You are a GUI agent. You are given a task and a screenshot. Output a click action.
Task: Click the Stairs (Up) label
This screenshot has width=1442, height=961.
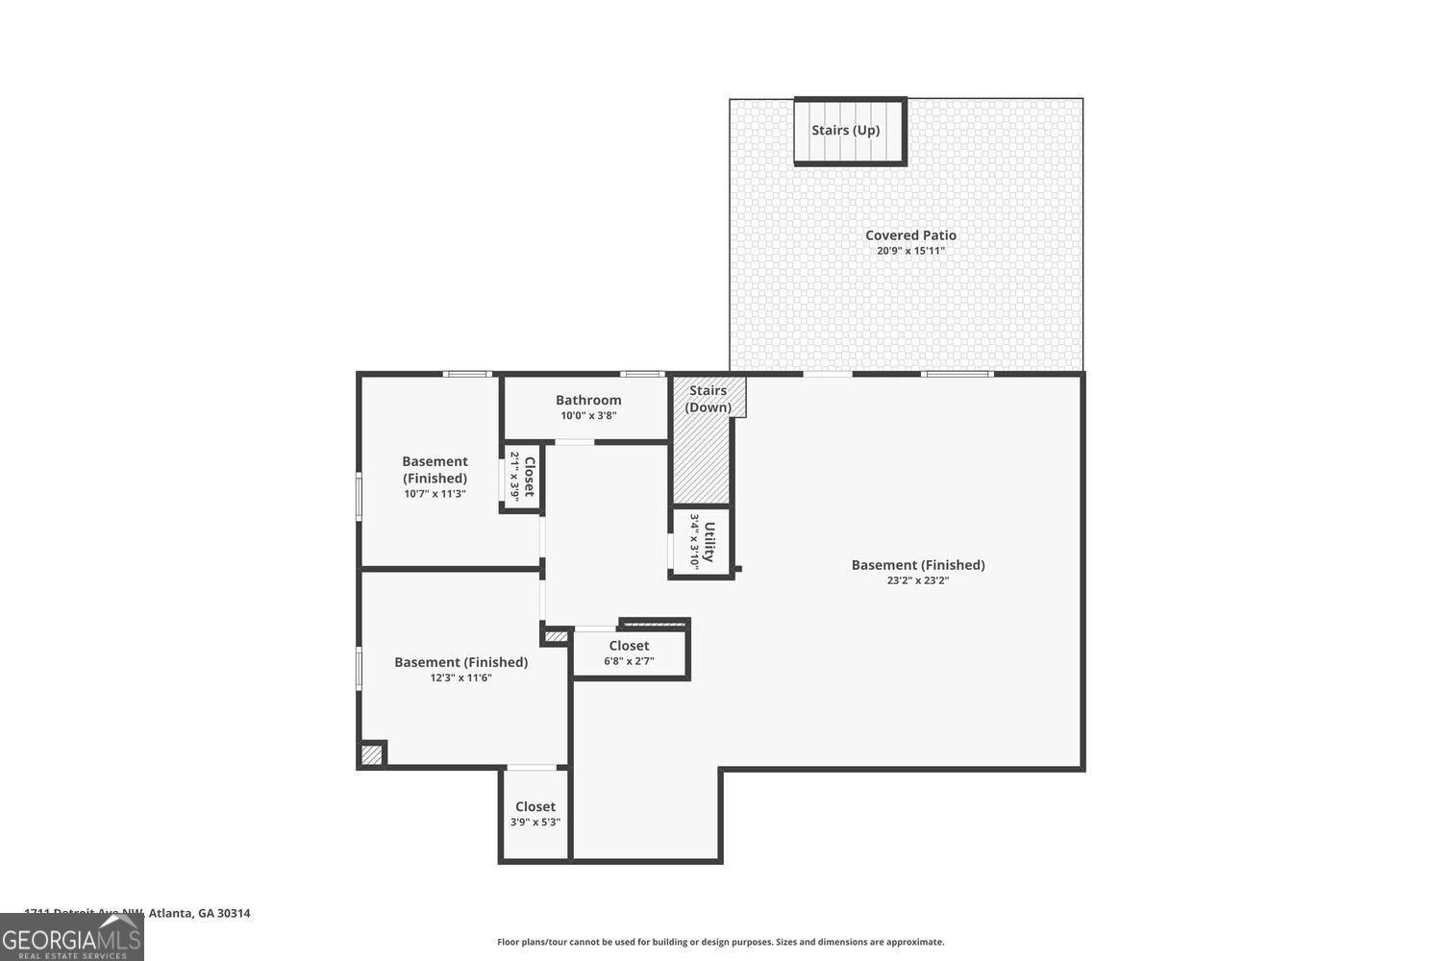coord(845,131)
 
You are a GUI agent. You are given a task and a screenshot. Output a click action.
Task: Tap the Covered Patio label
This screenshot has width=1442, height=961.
coord(910,235)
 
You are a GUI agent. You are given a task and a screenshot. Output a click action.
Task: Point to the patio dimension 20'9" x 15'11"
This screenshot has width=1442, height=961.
coord(910,252)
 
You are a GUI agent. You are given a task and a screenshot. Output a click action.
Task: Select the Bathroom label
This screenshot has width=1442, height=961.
coord(588,400)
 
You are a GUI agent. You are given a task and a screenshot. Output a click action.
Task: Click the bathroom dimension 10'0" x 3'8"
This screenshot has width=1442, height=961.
coord(588,416)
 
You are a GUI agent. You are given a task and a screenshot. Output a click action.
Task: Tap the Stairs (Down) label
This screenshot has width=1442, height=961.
coord(709,399)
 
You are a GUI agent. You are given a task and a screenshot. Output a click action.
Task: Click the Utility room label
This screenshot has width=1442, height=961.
coord(709,542)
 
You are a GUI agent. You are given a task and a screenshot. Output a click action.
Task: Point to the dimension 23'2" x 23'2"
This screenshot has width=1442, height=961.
coord(917,580)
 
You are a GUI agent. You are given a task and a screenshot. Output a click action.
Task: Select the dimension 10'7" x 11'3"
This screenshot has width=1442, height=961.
coord(435,494)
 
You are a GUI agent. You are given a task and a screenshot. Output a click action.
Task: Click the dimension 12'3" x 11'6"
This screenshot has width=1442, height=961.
coord(460,678)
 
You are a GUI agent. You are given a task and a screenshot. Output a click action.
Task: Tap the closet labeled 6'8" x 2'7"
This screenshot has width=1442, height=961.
coord(629,653)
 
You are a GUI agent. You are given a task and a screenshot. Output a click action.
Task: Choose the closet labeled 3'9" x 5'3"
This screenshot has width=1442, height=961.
coord(535,814)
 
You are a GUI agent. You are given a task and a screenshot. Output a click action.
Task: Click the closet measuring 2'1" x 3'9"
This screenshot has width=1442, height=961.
coord(522,477)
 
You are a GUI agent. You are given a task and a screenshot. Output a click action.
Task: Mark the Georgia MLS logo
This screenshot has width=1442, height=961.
coord(71,937)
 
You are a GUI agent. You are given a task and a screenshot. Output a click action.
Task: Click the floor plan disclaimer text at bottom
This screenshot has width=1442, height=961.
coord(720,942)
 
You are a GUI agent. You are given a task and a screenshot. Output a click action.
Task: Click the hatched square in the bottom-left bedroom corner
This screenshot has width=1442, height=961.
coord(371,755)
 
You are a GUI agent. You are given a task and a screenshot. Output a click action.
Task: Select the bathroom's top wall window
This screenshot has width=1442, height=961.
coord(641,374)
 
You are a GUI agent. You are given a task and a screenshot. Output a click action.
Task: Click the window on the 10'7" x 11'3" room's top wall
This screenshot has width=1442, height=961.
coord(467,374)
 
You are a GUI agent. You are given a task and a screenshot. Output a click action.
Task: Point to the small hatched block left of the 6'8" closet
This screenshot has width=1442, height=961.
coord(556,636)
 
